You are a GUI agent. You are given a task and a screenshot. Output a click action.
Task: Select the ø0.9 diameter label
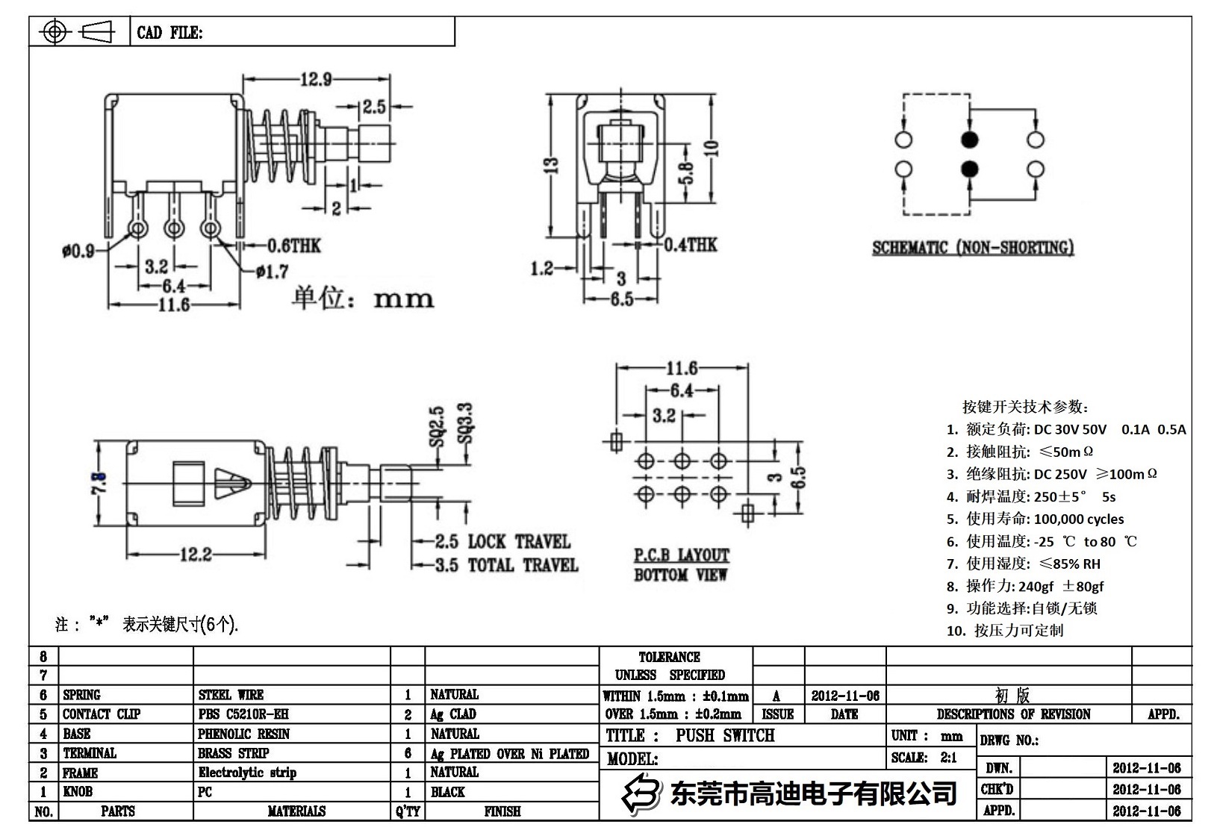point(78,251)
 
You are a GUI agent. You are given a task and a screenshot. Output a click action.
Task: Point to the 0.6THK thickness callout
point(294,246)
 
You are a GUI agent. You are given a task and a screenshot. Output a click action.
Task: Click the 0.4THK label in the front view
point(691,245)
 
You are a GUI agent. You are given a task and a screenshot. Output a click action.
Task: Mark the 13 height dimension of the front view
point(550,164)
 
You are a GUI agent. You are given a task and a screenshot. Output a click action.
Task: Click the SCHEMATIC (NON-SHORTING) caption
point(973,248)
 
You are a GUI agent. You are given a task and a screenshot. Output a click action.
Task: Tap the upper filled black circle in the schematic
point(969,140)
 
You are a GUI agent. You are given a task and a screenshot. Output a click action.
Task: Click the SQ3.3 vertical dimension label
point(465,423)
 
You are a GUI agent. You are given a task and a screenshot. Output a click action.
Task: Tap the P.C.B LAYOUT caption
point(681,555)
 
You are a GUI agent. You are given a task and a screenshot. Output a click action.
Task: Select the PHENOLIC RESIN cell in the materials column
point(243,734)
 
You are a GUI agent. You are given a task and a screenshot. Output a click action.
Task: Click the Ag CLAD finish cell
point(452,714)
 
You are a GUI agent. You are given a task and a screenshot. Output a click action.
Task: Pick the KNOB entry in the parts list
point(78,792)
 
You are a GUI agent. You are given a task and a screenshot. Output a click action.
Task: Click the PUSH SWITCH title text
point(724,736)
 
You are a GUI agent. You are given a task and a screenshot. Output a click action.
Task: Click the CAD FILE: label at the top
point(169,33)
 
